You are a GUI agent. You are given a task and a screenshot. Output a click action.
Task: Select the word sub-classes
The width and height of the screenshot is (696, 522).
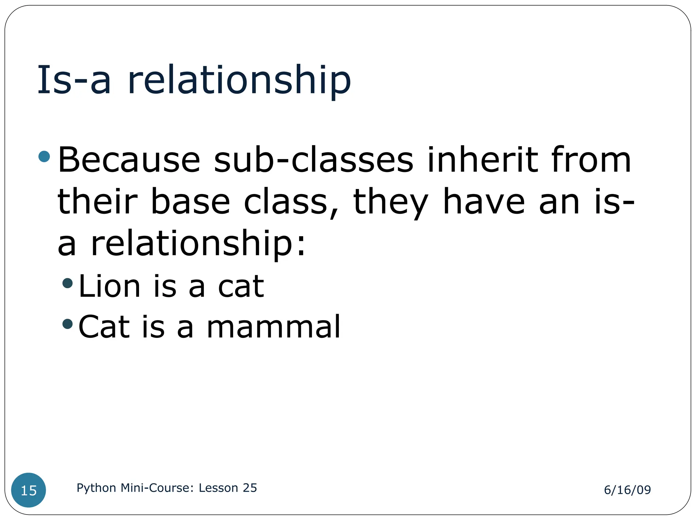pos(314,160)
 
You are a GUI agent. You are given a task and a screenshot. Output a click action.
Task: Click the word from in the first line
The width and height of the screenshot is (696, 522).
pos(591,160)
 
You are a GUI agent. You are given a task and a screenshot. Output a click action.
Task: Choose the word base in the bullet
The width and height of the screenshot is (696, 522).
pos(190,202)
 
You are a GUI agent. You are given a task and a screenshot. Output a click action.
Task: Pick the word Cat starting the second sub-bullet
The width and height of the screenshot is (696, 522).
pos(104,327)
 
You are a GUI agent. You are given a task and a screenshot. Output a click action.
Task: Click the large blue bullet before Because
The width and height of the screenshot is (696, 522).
pos(45,157)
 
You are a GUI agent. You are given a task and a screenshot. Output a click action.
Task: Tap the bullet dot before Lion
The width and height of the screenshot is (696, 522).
pos(68,283)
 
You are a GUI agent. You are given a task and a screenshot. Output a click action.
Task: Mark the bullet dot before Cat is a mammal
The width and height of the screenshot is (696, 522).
pos(68,324)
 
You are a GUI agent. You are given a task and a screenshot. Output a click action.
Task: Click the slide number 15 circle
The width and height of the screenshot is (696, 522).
pos(29,490)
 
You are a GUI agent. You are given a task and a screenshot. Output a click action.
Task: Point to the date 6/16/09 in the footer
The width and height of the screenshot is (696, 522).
pos(627,490)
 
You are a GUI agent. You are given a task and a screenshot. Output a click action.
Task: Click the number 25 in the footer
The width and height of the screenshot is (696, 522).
pos(250,488)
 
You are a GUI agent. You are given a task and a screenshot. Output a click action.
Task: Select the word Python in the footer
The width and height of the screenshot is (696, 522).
pos(97,488)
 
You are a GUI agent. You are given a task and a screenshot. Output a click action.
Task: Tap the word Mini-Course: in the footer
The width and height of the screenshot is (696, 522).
pos(157,488)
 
